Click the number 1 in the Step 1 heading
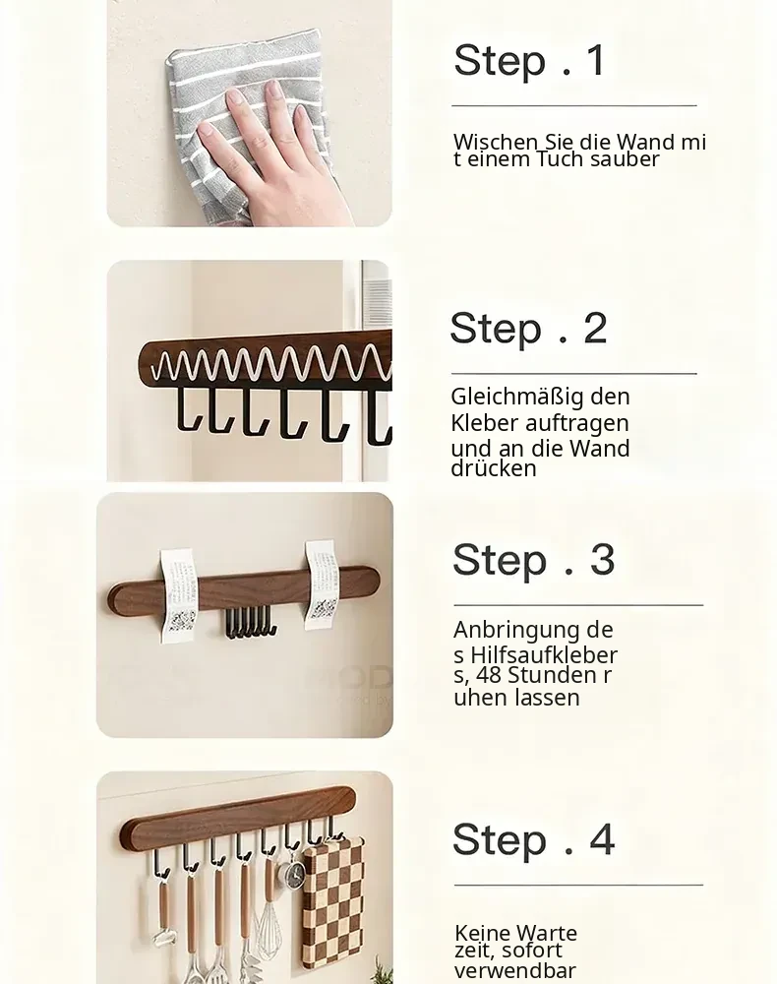click(x=596, y=60)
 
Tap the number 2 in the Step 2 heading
click(x=595, y=328)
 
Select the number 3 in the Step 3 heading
click(x=602, y=559)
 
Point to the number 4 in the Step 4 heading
click(x=602, y=839)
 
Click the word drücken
click(x=494, y=468)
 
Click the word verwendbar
click(x=514, y=970)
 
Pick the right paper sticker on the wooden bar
click(x=321, y=584)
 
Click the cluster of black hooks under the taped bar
click(x=250, y=622)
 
